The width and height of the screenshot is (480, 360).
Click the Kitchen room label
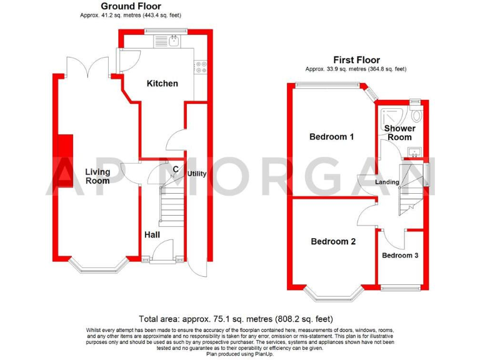(x=162, y=84)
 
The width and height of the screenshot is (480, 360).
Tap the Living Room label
(x=97, y=176)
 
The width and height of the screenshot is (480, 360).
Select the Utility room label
(x=197, y=174)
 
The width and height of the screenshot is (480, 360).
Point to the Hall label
(x=152, y=234)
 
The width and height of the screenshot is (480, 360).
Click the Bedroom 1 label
(x=332, y=136)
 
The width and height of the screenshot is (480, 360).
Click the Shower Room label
(x=399, y=133)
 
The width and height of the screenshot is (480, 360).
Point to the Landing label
(x=387, y=182)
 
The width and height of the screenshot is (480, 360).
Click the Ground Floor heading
(x=131, y=7)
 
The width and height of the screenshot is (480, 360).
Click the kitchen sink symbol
(x=175, y=42)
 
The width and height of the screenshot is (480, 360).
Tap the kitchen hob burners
(x=201, y=66)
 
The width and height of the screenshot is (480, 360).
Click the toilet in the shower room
(x=417, y=115)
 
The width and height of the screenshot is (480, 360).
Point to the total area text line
(x=240, y=318)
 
